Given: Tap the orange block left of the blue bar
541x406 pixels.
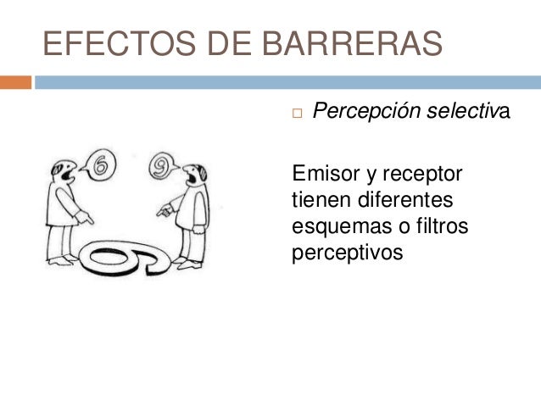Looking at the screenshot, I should point(15,82).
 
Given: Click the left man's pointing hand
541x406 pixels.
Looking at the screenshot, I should point(85,218).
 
